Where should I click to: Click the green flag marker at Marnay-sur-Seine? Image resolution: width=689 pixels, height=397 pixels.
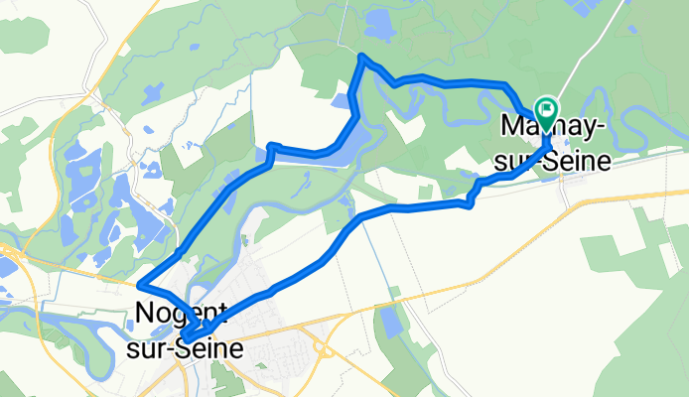pyautogui.click(x=546, y=108)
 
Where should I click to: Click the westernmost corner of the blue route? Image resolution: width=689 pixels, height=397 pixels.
pyautogui.click(x=140, y=284)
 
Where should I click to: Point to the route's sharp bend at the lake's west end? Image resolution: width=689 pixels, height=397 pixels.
pyautogui.click(x=270, y=148)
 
